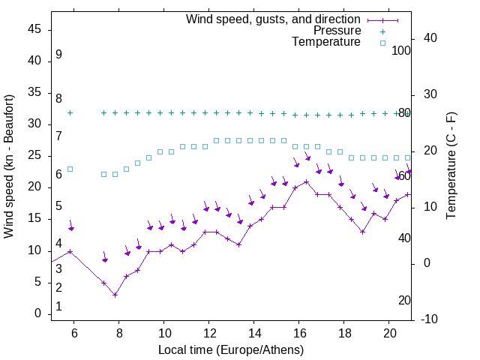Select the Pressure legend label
coord(337,31)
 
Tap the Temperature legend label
coord(326,42)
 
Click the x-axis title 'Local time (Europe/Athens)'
coord(231,350)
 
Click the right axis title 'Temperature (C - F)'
coord(451,166)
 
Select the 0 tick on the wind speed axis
coord(37,313)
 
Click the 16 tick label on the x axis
coord(299,332)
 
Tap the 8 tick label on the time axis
coord(119,332)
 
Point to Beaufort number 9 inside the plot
coord(58,55)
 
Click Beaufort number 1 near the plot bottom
coord(58,307)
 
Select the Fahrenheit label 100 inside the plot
coord(402,50)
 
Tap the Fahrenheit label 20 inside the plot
coord(405,300)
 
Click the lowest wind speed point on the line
coord(115,295)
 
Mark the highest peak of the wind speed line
coord(306,181)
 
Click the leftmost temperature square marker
coord(70,169)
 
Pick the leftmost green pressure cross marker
coord(70,112)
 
